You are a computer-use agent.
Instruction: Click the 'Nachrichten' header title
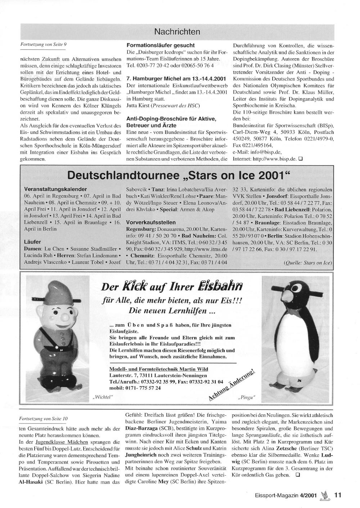(177, 32)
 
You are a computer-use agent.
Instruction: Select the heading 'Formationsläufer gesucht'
(161, 45)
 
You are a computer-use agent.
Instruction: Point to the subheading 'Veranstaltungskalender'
(55, 189)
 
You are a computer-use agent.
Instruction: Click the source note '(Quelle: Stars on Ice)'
(308, 263)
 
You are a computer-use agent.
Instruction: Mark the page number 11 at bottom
(337, 495)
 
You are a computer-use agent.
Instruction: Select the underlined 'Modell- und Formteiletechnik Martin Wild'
(158, 369)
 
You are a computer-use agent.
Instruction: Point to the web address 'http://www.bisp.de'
(272, 158)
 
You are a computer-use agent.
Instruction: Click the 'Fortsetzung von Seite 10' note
(43, 419)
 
